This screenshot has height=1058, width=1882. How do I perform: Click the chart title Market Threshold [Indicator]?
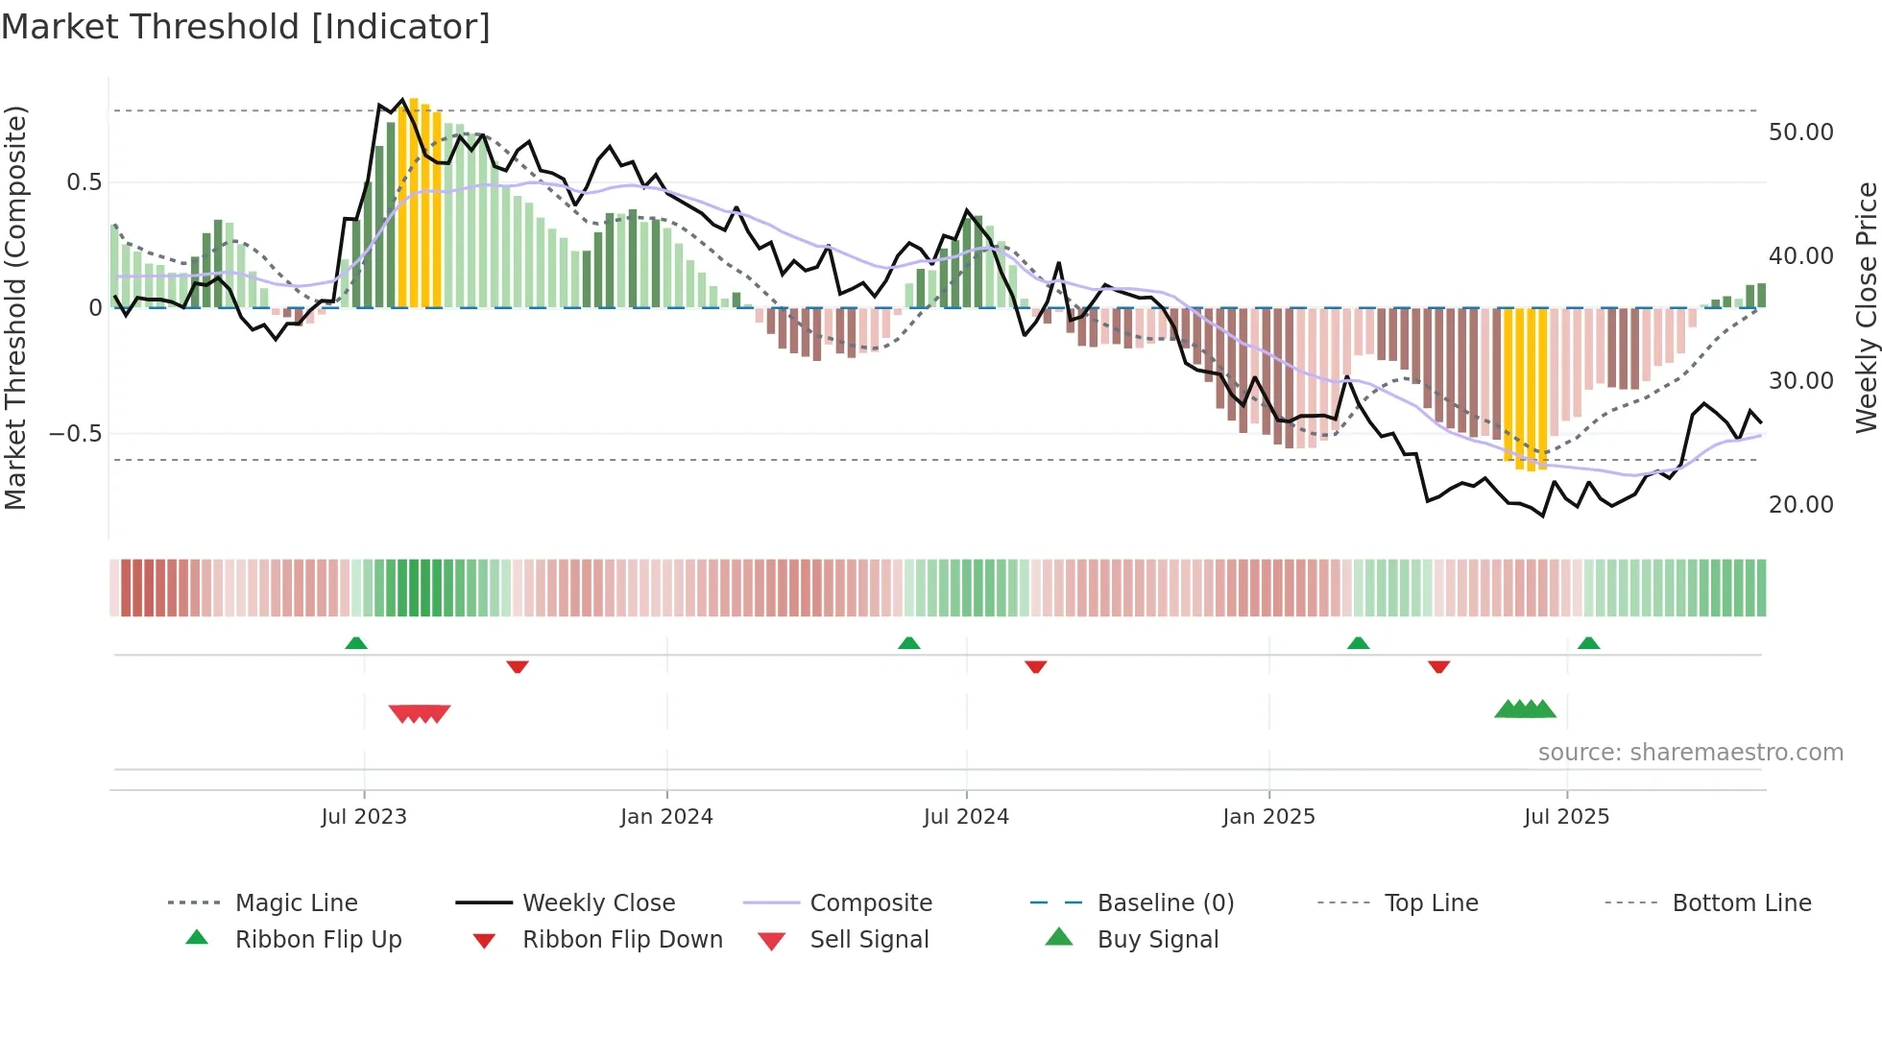[246, 27]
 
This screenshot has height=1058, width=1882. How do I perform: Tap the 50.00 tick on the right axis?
[1800, 132]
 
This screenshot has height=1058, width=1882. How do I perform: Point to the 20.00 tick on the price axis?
[1800, 505]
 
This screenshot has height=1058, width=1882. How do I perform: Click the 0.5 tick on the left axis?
[84, 182]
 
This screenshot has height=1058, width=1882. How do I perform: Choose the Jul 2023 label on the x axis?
[364, 817]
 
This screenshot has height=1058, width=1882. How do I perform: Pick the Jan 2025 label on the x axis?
[1268, 817]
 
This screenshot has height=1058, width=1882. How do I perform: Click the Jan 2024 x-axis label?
[666, 817]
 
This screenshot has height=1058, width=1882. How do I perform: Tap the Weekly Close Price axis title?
[1866, 307]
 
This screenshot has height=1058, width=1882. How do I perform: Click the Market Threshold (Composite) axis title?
[15, 307]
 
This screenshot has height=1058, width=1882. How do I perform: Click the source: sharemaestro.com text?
[1690, 753]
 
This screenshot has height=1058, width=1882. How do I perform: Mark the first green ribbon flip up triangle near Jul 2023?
[356, 643]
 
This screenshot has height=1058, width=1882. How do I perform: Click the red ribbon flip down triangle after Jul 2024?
[1035, 666]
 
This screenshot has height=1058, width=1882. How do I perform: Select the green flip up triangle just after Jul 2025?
[1588, 643]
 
